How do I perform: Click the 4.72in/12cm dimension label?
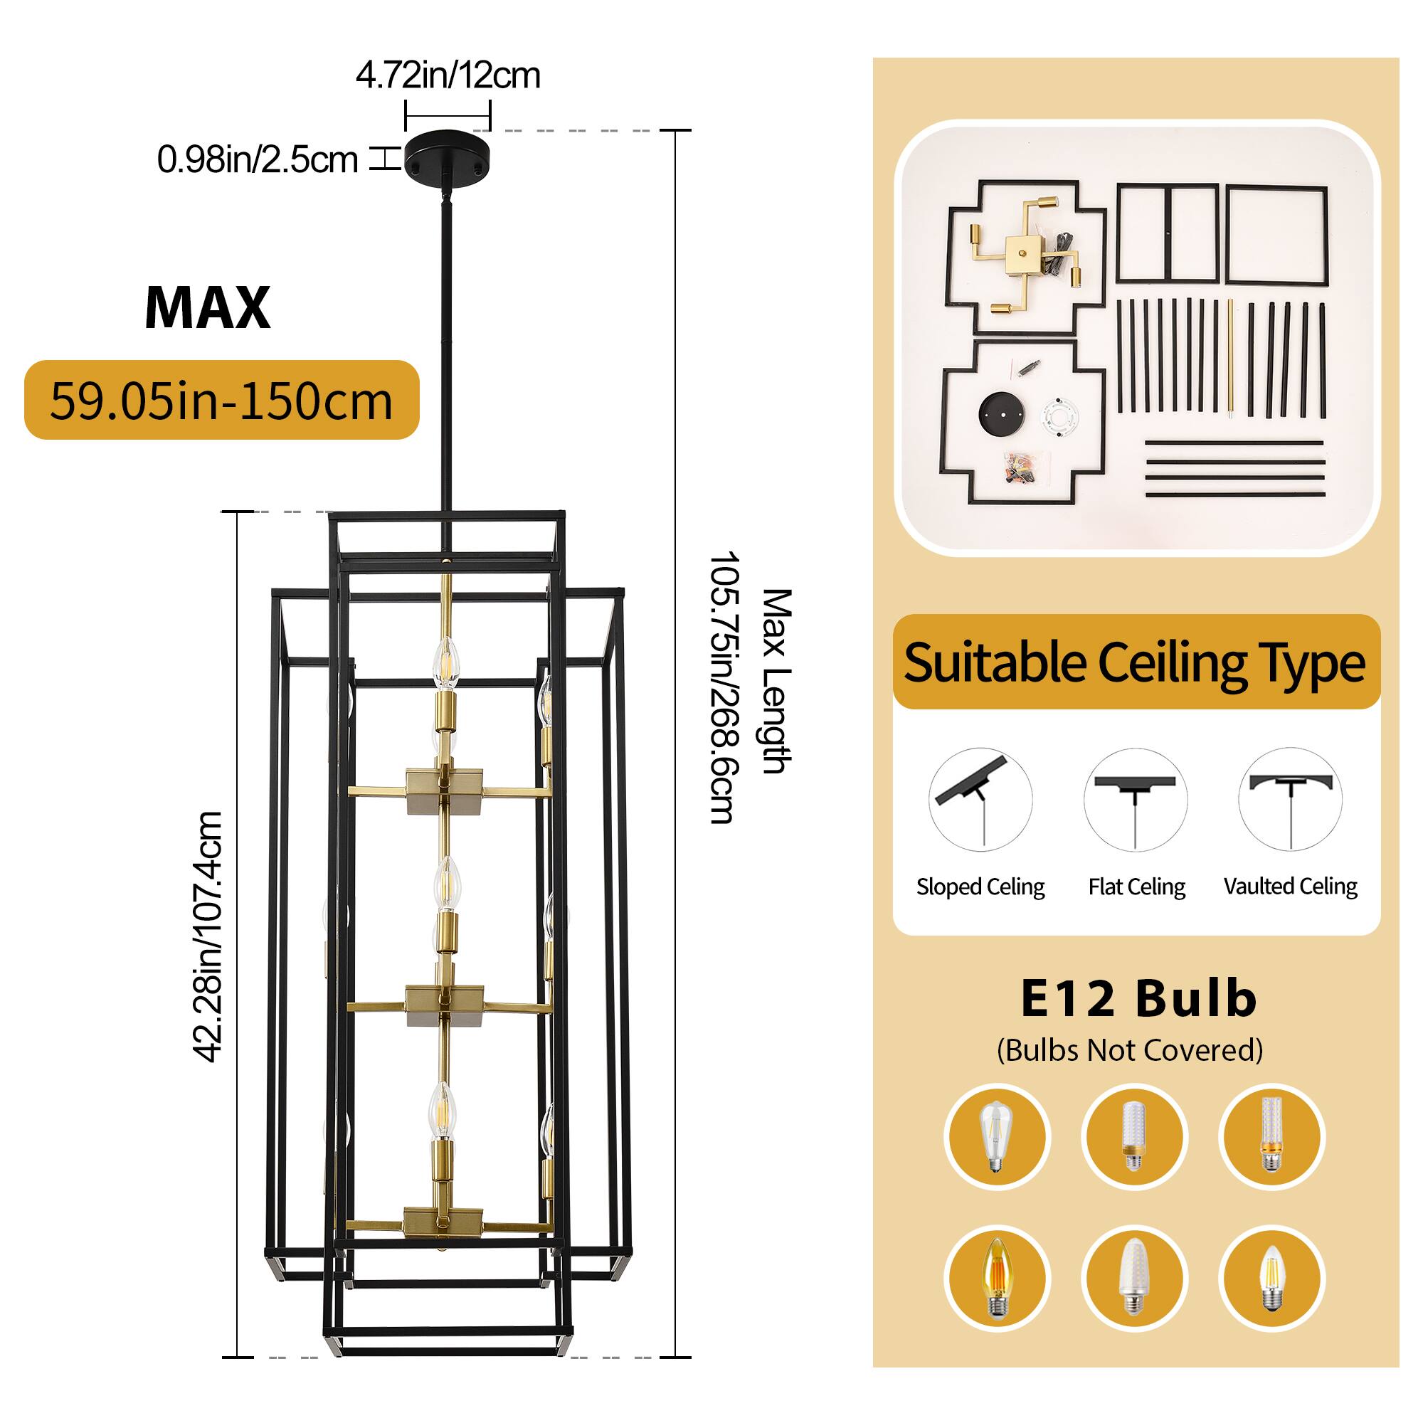pyautogui.click(x=448, y=76)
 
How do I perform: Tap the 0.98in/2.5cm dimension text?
pyautogui.click(x=257, y=160)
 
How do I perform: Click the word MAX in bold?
pyautogui.click(x=208, y=308)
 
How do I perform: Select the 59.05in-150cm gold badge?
pyautogui.click(x=222, y=400)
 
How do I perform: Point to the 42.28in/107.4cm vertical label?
pyautogui.click(x=208, y=936)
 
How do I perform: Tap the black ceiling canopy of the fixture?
pyautogui.click(x=446, y=154)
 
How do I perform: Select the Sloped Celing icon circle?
pyautogui.click(x=980, y=800)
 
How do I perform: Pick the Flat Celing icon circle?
pyautogui.click(x=1136, y=800)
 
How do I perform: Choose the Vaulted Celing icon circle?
pyautogui.click(x=1291, y=800)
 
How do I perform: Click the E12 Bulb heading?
pyautogui.click(x=1138, y=999)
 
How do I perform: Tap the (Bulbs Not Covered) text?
pyautogui.click(x=1130, y=1050)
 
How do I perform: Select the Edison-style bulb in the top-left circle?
pyautogui.click(x=995, y=1136)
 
